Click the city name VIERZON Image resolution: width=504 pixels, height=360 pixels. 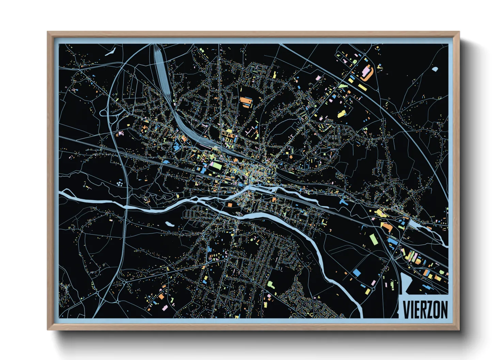[425, 309]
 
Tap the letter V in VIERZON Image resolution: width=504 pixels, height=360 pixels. [406, 309]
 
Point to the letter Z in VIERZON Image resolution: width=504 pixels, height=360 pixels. [430, 309]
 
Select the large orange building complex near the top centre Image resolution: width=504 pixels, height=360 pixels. [246, 101]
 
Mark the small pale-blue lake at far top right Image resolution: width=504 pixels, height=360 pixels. [435, 69]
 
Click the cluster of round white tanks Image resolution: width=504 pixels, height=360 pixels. [120, 184]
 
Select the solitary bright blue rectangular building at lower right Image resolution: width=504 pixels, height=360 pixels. [357, 273]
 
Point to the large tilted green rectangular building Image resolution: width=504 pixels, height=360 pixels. [374, 239]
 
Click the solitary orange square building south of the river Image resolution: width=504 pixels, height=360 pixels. [230, 204]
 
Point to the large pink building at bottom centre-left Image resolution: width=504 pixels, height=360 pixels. [165, 308]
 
